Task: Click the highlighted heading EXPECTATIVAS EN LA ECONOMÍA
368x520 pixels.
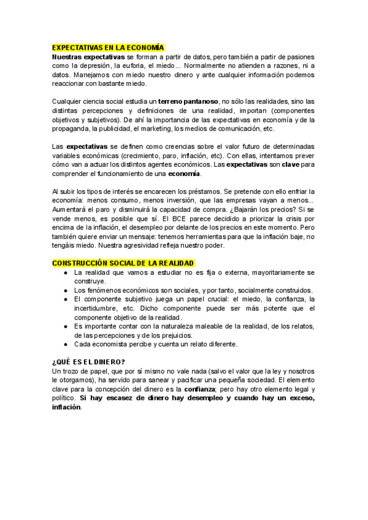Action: click(x=109, y=47)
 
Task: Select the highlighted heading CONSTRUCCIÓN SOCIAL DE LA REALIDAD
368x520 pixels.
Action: click(x=123, y=263)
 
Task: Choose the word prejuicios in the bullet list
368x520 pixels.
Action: click(x=174, y=335)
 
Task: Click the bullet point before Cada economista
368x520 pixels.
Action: click(x=66, y=344)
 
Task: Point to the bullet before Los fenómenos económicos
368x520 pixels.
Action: click(x=66, y=290)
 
